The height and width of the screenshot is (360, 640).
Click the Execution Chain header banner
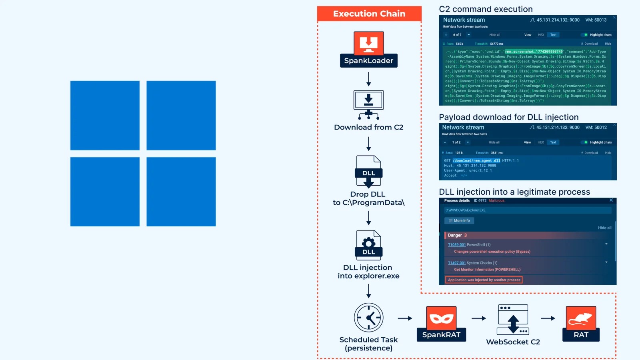[369, 14]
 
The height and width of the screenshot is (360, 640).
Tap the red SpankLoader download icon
[368, 43]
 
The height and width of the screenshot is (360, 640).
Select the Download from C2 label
[368, 127]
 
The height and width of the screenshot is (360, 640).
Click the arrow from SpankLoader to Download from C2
[368, 79]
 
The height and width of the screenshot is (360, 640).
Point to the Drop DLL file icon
[368, 171]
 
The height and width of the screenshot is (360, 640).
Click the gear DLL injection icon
[368, 245]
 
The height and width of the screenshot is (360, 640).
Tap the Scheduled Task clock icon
[368, 318]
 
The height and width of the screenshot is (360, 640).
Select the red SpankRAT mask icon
[441, 318]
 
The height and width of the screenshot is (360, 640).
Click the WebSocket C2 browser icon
[513, 320]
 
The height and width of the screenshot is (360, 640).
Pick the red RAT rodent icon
[581, 318]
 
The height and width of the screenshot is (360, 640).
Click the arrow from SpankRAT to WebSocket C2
[479, 318]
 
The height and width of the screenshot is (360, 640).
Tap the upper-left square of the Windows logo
[105, 116]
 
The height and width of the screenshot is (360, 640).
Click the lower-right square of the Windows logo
[181, 192]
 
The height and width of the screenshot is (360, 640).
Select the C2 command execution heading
[486, 9]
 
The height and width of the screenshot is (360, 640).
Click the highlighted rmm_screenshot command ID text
[534, 52]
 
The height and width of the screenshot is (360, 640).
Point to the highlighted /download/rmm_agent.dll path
[476, 161]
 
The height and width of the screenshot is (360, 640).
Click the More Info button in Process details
[459, 221]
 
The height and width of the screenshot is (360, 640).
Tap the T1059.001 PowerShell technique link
[457, 245]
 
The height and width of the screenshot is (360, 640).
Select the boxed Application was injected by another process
[484, 280]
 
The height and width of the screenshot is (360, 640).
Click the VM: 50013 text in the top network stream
[596, 20]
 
